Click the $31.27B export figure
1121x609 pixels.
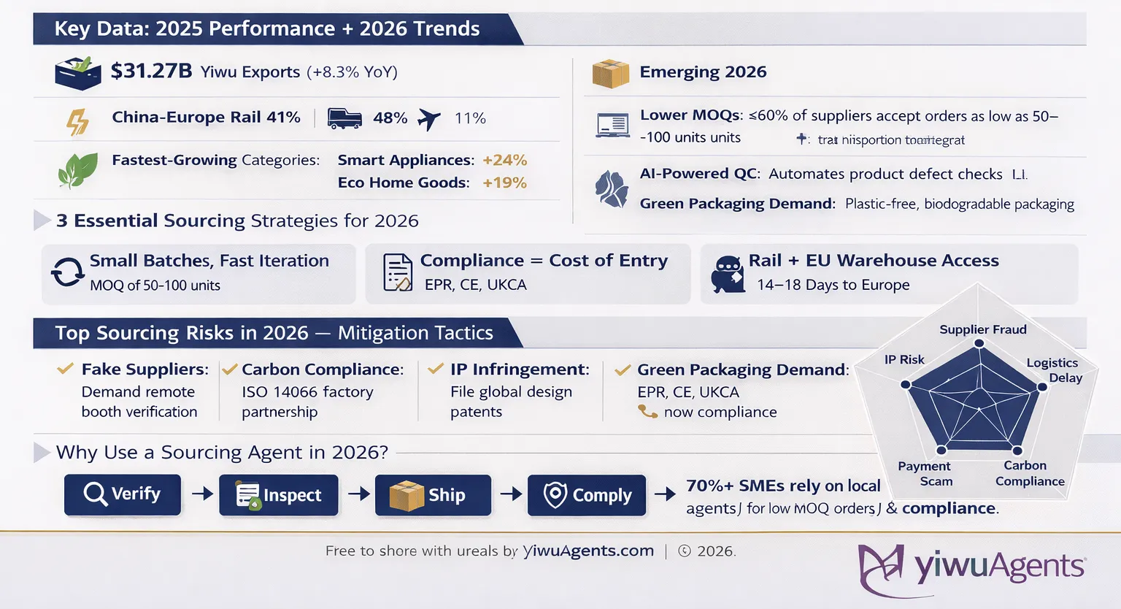click(x=151, y=71)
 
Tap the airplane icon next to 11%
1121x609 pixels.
click(x=429, y=118)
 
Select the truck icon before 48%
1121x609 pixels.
click(x=344, y=118)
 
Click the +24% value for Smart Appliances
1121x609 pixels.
click(x=504, y=160)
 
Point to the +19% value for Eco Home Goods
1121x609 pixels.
click(x=504, y=183)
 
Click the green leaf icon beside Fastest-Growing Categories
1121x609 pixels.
click(x=77, y=170)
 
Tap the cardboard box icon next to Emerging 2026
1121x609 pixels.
click(x=610, y=73)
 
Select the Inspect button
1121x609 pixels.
click(x=279, y=495)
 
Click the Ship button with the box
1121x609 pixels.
click(x=433, y=495)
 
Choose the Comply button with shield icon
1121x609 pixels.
click(x=587, y=495)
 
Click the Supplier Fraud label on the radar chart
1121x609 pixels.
click(x=982, y=329)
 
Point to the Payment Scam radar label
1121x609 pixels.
click(x=925, y=473)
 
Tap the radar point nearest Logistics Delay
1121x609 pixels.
click(x=1042, y=386)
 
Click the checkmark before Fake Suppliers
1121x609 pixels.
click(x=65, y=369)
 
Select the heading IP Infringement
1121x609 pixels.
click(x=519, y=369)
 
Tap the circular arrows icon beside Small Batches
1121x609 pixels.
click(x=67, y=273)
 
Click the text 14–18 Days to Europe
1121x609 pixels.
click(x=833, y=285)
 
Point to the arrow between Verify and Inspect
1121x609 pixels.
click(x=201, y=494)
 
